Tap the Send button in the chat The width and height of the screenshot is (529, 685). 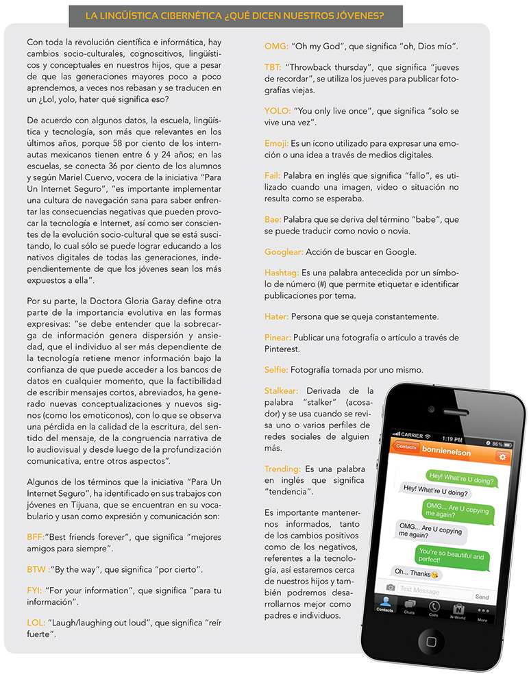pyautogui.click(x=482, y=597)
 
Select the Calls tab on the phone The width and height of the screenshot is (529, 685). pyautogui.click(x=434, y=609)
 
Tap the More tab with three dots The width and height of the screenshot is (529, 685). pyautogui.click(x=483, y=611)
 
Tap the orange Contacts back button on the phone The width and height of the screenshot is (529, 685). pyautogui.click(x=406, y=447)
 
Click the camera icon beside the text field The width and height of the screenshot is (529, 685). pyautogui.click(x=390, y=588)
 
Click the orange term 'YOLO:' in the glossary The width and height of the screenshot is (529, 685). pyautogui.click(x=278, y=111)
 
